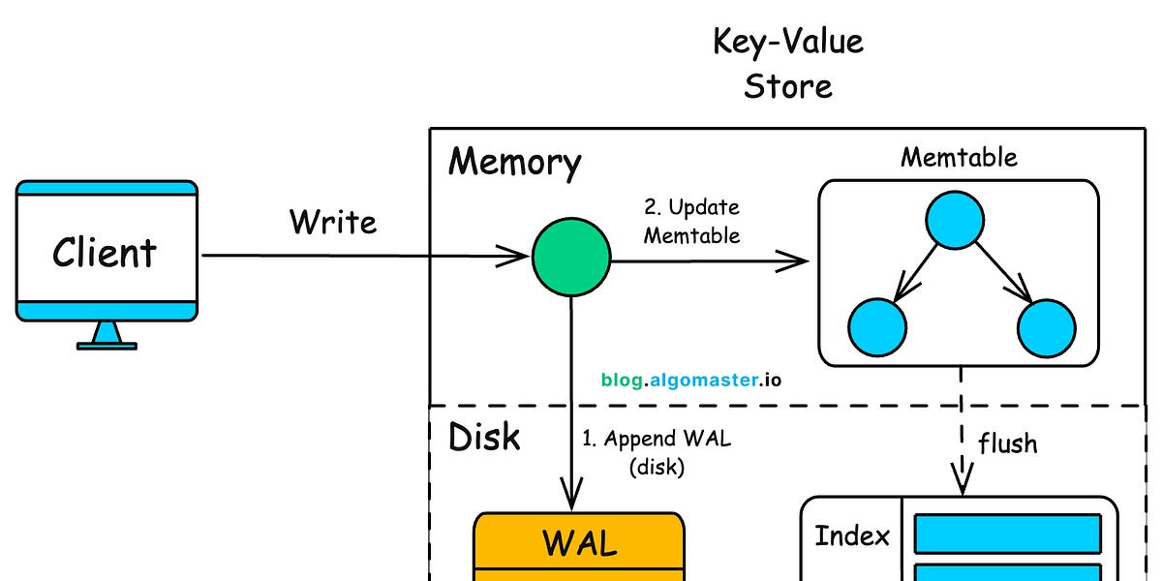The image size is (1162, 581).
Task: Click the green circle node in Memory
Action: click(571, 257)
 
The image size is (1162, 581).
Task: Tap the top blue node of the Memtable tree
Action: click(958, 222)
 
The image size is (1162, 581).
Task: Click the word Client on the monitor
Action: click(105, 253)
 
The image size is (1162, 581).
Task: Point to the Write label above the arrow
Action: click(333, 222)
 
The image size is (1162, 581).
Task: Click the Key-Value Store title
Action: click(788, 64)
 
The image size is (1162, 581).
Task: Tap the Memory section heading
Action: click(514, 162)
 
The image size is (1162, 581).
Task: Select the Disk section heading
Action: click(484, 438)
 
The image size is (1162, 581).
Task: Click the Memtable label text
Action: click(959, 157)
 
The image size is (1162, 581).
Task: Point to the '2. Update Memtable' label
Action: click(691, 222)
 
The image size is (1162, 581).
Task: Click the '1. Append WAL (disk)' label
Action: click(656, 452)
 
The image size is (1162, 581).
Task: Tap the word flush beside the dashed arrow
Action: click(1007, 443)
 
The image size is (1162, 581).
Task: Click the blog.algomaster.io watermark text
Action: click(690, 380)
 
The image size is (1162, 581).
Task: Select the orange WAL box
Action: click(579, 546)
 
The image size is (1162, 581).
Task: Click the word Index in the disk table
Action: click(851, 535)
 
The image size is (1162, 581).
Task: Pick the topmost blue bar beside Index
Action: click(1007, 534)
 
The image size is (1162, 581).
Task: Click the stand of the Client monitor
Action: click(107, 335)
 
